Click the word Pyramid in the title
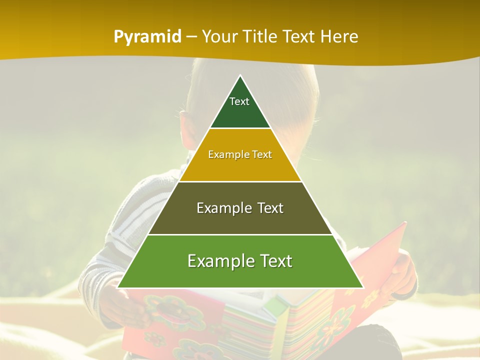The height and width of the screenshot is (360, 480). pos(147,37)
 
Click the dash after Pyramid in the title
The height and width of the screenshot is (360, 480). pos(191,37)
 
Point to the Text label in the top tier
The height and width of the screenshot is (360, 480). pos(239,101)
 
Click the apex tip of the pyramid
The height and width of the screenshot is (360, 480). pos(240,76)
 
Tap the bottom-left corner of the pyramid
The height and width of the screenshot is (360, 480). pos(118,287)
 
